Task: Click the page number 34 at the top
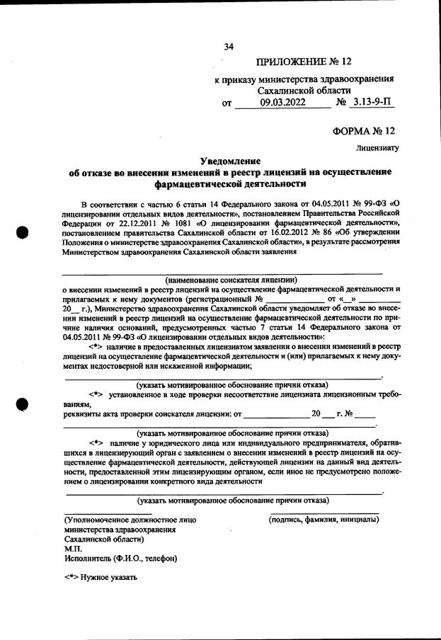228,47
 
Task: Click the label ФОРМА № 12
363,132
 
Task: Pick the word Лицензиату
378,149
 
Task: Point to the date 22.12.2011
125,222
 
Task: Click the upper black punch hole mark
22,233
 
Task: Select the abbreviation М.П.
73,548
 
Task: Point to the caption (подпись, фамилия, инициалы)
323,520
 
